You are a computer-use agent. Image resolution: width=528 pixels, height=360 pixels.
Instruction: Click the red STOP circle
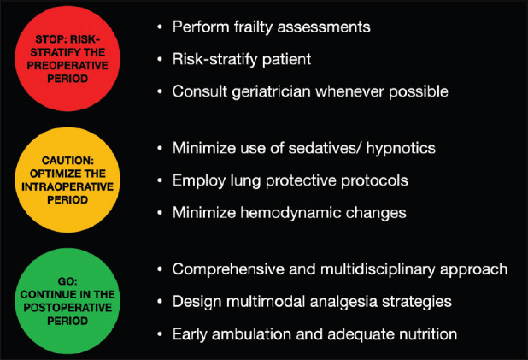pos(67,59)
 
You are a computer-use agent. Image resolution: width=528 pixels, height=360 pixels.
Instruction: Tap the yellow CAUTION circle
pos(67,180)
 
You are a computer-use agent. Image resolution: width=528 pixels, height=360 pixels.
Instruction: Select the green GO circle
pos(67,301)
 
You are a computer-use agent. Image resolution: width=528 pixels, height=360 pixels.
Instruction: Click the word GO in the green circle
pos(67,281)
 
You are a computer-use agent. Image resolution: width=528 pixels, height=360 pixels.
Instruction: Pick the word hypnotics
pos(401,149)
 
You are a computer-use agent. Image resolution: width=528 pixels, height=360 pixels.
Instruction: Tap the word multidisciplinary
pos(378,269)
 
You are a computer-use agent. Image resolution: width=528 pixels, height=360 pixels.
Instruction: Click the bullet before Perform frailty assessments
pos(160,27)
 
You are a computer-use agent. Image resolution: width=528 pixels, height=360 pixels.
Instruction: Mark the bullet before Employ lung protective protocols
pos(160,180)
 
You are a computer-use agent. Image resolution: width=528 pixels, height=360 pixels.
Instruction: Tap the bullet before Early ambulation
pos(160,334)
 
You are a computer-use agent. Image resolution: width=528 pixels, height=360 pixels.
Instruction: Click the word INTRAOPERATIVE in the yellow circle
pos(67,186)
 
